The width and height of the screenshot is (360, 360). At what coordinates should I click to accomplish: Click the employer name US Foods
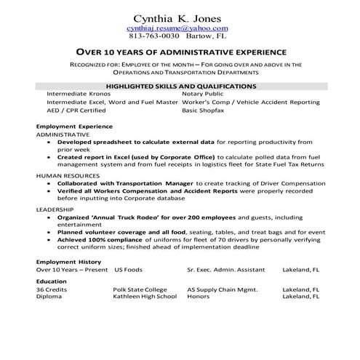pos(129,269)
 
